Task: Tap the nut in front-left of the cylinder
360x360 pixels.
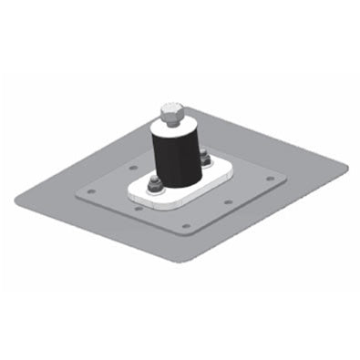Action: (x=154, y=187)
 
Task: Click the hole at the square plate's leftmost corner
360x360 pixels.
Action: (x=90, y=191)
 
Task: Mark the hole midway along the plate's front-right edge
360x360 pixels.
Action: (x=228, y=201)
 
